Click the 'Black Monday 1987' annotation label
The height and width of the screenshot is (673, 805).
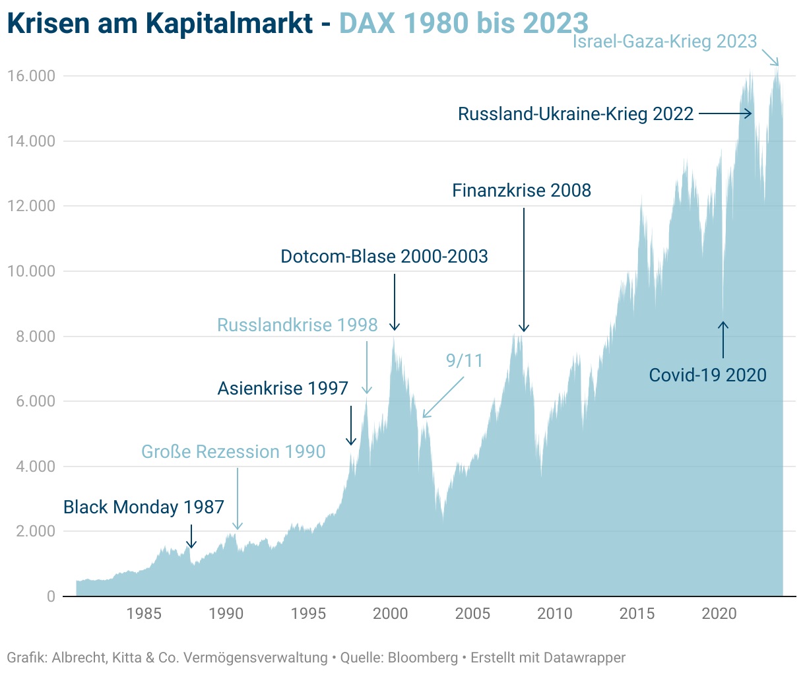click(x=144, y=507)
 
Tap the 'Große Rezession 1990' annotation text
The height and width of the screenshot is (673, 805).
click(x=234, y=452)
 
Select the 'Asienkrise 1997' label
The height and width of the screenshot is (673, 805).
click(x=282, y=388)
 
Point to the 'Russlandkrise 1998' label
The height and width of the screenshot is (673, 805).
click(x=297, y=325)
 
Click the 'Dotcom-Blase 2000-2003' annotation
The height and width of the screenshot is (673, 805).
click(x=384, y=256)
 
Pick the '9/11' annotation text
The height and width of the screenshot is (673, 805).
click(x=465, y=361)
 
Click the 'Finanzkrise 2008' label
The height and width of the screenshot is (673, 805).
click(x=521, y=191)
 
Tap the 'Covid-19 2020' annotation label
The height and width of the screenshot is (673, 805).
click(x=707, y=375)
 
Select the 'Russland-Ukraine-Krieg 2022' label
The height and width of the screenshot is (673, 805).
click(x=575, y=114)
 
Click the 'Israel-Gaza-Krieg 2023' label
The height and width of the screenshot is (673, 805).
click(x=664, y=42)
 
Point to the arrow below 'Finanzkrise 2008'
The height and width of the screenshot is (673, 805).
click(x=524, y=271)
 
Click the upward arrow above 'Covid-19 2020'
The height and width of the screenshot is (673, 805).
click(x=723, y=339)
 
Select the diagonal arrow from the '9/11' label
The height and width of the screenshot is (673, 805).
click(x=443, y=398)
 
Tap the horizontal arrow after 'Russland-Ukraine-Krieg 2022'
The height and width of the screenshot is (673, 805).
click(x=724, y=113)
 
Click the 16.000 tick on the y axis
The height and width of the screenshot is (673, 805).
click(x=31, y=76)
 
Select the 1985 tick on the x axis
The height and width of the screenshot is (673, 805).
click(x=144, y=614)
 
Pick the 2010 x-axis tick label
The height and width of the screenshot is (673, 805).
click(x=555, y=614)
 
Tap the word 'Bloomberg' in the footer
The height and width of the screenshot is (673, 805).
click(x=422, y=657)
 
